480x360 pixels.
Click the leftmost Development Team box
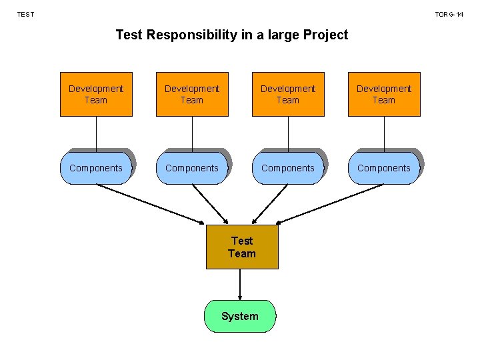coord(96,94)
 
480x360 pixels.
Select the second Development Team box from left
coord(192,94)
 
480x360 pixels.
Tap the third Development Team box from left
coord(288,94)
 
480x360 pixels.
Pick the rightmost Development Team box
coord(384,94)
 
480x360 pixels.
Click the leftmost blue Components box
coord(96,168)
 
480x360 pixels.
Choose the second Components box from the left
coord(192,168)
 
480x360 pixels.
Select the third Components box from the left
coord(288,168)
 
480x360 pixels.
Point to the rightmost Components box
coord(384,168)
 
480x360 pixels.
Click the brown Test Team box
coord(241,247)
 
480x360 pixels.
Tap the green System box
coord(239,316)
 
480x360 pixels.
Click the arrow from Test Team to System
coord(240,285)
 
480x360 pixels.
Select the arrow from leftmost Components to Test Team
coord(150,203)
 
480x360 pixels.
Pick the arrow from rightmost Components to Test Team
coord(331,203)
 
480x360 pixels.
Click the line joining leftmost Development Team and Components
coord(96,133)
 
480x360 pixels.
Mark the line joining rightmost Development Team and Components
coord(384,133)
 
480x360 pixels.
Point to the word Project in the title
coord(325,35)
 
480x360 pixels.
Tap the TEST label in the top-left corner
coord(25,14)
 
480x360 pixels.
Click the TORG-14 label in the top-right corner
coord(449,14)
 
